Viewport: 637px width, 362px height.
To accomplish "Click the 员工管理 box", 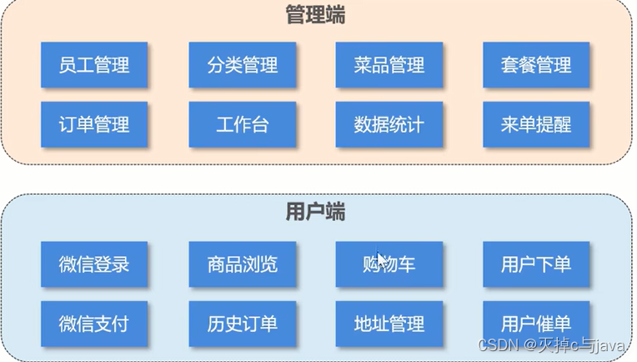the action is coord(94,65).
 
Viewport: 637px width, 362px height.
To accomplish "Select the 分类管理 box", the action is coord(243,65).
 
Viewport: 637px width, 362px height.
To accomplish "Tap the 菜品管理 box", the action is coord(389,65).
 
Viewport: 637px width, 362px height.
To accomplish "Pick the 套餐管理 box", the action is coord(536,65).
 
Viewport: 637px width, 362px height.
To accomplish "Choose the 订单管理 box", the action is coord(94,125).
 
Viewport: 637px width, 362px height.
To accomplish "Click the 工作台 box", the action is coord(243,125).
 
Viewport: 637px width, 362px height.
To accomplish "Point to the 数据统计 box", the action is coord(389,125).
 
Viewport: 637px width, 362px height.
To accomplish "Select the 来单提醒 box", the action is coord(536,125).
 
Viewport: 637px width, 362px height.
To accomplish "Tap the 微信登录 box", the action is coord(94,265).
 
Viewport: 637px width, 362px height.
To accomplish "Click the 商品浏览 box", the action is coord(243,265).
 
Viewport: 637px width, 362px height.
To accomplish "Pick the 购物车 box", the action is coord(389,265).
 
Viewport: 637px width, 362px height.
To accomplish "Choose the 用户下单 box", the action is coord(536,265).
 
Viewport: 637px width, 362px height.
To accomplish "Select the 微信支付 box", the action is coord(94,324).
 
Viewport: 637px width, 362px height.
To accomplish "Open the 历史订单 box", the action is coord(243,324).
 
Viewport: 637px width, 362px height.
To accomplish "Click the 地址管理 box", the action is coord(389,324).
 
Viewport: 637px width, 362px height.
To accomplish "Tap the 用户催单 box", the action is coord(536,324).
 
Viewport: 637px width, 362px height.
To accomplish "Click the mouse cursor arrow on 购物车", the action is coord(381,259).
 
